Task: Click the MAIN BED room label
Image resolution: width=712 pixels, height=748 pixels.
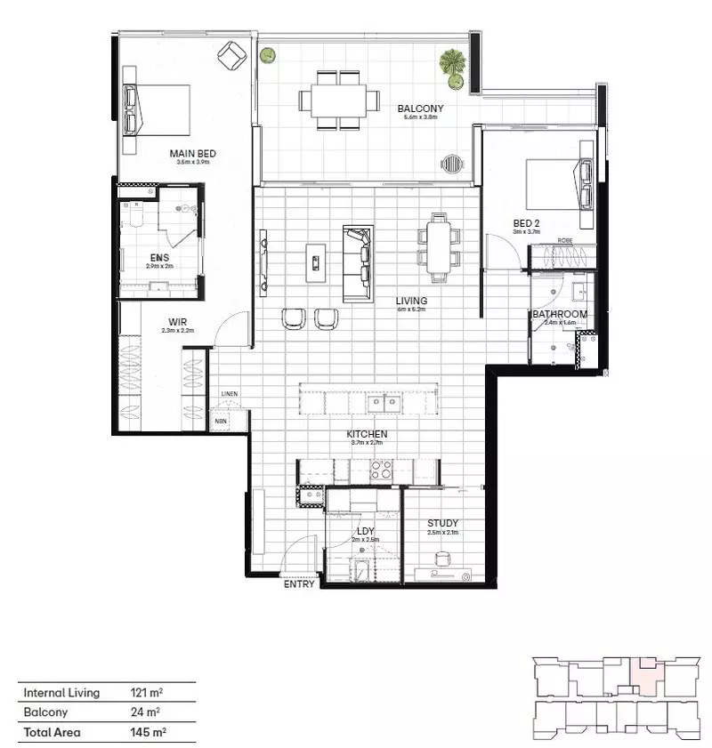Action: [192, 154]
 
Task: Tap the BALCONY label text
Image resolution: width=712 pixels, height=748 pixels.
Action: [420, 109]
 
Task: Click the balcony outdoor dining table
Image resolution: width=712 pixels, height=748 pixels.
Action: [339, 98]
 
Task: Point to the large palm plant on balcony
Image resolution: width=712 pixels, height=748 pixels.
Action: [452, 64]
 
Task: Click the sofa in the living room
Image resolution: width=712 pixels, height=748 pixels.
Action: [358, 263]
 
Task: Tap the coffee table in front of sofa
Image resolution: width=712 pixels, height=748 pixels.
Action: [316, 261]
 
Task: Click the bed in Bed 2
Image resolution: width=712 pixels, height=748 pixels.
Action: [558, 183]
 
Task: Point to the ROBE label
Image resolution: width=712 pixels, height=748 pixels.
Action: [564, 240]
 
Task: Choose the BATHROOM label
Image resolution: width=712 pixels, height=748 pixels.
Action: [560, 314]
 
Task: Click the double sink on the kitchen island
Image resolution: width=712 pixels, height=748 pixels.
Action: [385, 402]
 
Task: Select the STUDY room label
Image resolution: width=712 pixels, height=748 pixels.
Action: [442, 523]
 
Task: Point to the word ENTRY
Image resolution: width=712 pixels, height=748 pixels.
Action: [298, 585]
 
